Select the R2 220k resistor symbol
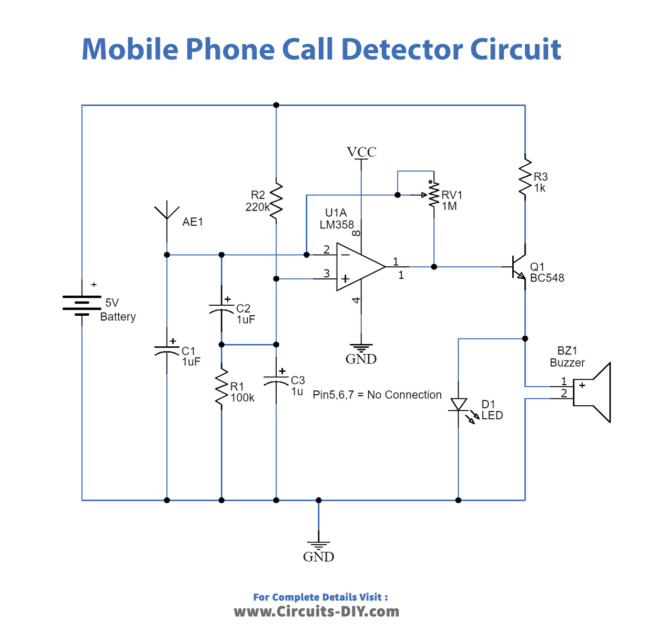pos(276,203)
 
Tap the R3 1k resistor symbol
pos(525,177)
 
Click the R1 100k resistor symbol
pos(221,387)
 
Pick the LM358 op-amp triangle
pos(358,267)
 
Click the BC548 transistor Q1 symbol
pos(519,267)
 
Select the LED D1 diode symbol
pos(459,405)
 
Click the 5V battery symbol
pos(82,305)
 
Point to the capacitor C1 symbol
pos(167,350)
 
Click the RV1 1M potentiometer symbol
pos(433,195)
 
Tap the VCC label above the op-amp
pos(361,152)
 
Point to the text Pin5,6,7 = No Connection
pos(377,395)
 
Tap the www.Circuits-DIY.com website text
pos(317,612)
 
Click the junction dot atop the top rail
pos(276,105)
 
